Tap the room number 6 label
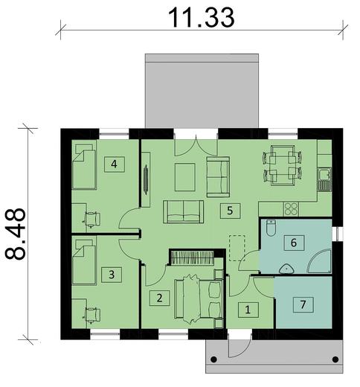(x=293, y=242)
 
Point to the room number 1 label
(x=248, y=307)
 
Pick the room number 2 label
(x=158, y=298)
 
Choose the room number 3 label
(x=112, y=275)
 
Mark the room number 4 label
(x=114, y=164)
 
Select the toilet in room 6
(x=271, y=227)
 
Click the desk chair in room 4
(x=91, y=218)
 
